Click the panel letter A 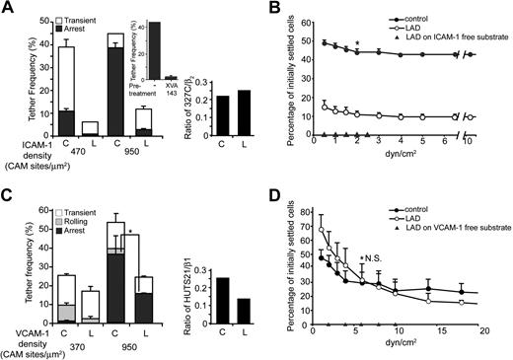coord(8,8)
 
